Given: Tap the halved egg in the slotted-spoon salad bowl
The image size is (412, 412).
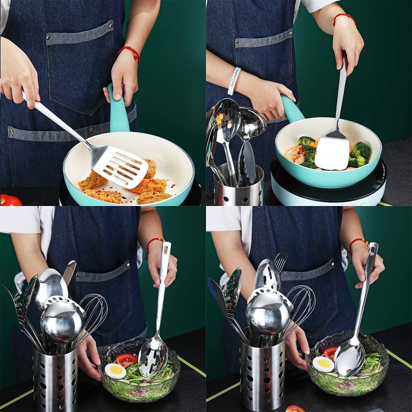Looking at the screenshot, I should click(115, 371).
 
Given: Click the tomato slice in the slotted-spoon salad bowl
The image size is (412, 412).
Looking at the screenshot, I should click(126, 360).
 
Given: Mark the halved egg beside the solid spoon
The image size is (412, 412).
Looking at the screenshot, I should click(323, 364).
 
